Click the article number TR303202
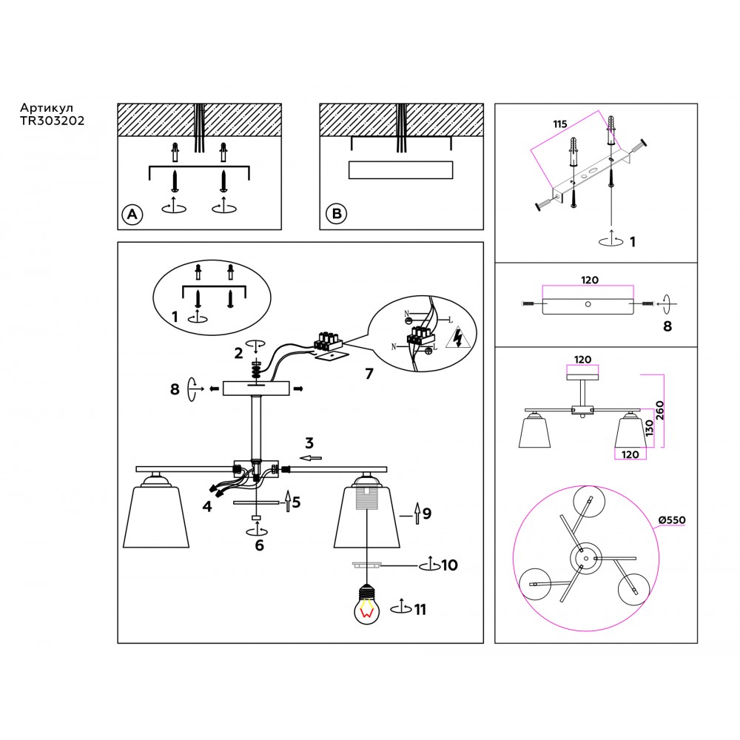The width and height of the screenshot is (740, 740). (x=52, y=121)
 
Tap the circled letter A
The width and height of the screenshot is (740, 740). (x=132, y=215)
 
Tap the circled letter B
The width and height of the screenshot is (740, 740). (x=336, y=215)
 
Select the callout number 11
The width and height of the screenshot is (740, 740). (x=420, y=610)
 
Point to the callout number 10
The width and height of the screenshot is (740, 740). (x=449, y=565)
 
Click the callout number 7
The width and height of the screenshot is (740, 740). (x=368, y=374)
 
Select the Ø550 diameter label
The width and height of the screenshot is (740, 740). (x=673, y=519)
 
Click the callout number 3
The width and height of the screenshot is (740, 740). (x=309, y=443)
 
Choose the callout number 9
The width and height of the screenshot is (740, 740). (x=426, y=512)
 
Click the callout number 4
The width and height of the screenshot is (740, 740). (x=207, y=506)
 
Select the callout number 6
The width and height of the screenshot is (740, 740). (x=258, y=546)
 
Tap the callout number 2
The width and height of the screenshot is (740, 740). (x=238, y=353)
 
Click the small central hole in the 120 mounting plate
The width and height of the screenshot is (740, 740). (x=588, y=303)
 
